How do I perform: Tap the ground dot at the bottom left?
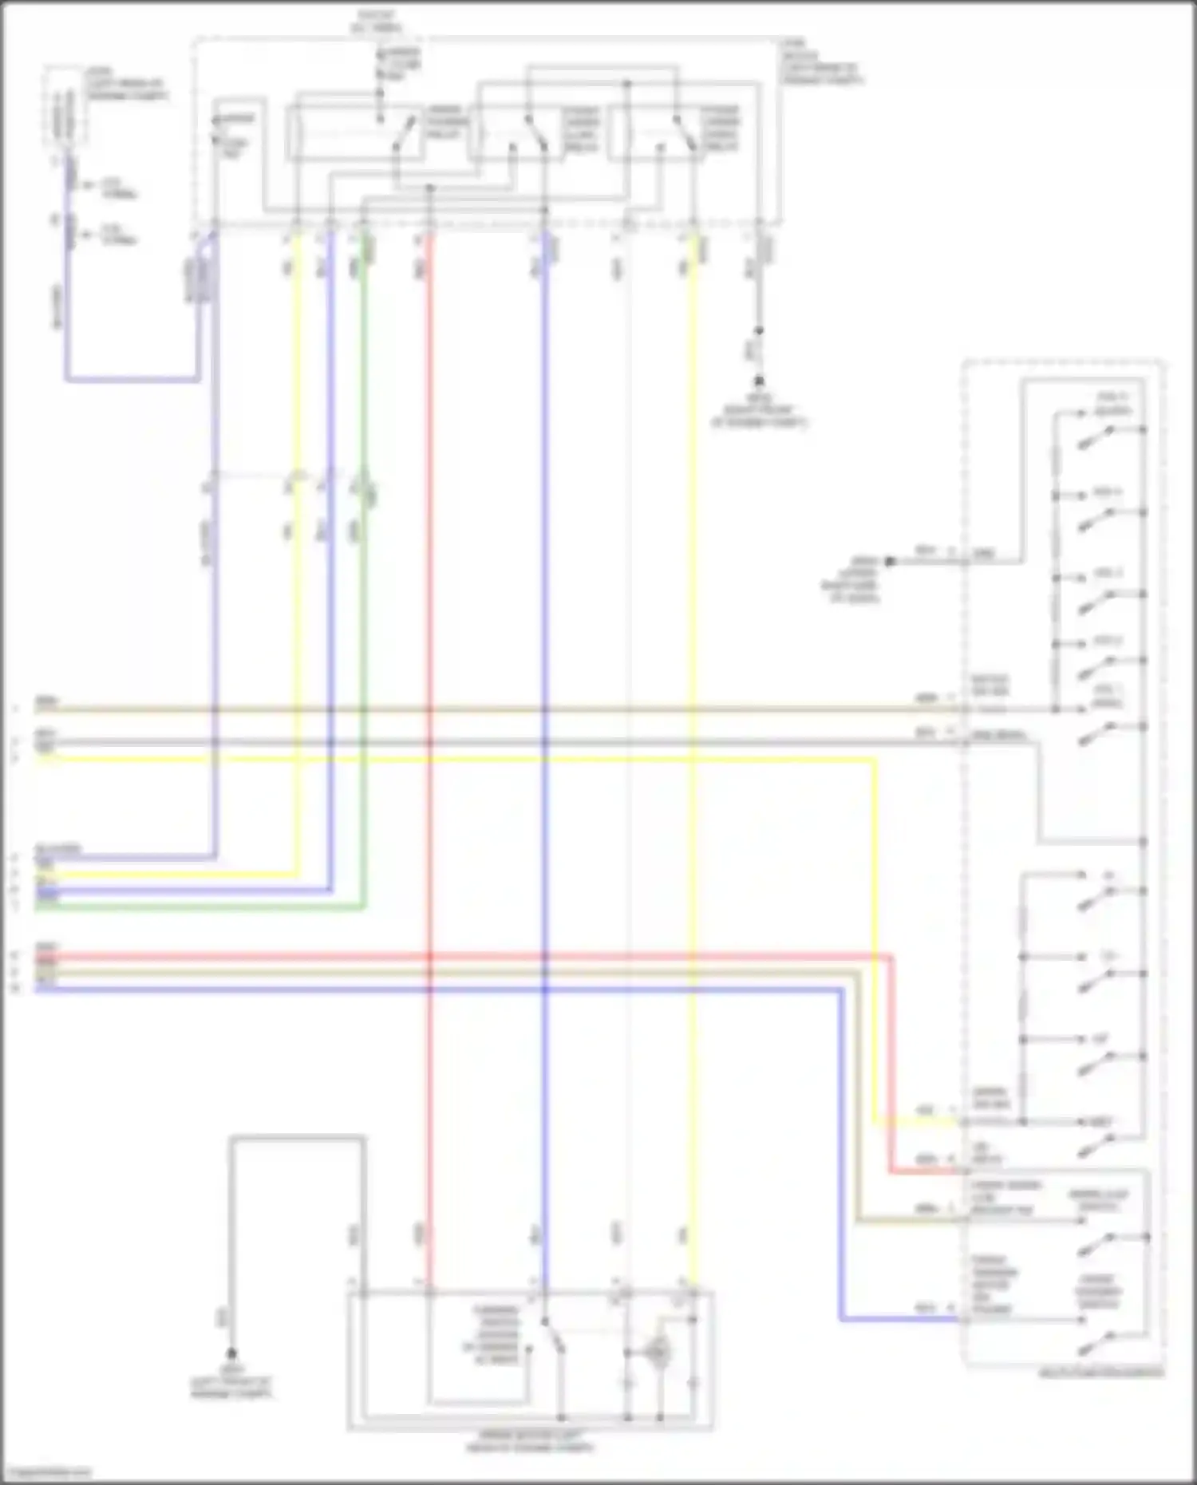click(x=231, y=1353)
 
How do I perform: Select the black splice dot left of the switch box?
click(x=891, y=562)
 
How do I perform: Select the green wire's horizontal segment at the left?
click(x=199, y=907)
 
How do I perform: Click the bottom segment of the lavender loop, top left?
click(x=132, y=379)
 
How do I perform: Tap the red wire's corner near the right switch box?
click(x=891, y=1171)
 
